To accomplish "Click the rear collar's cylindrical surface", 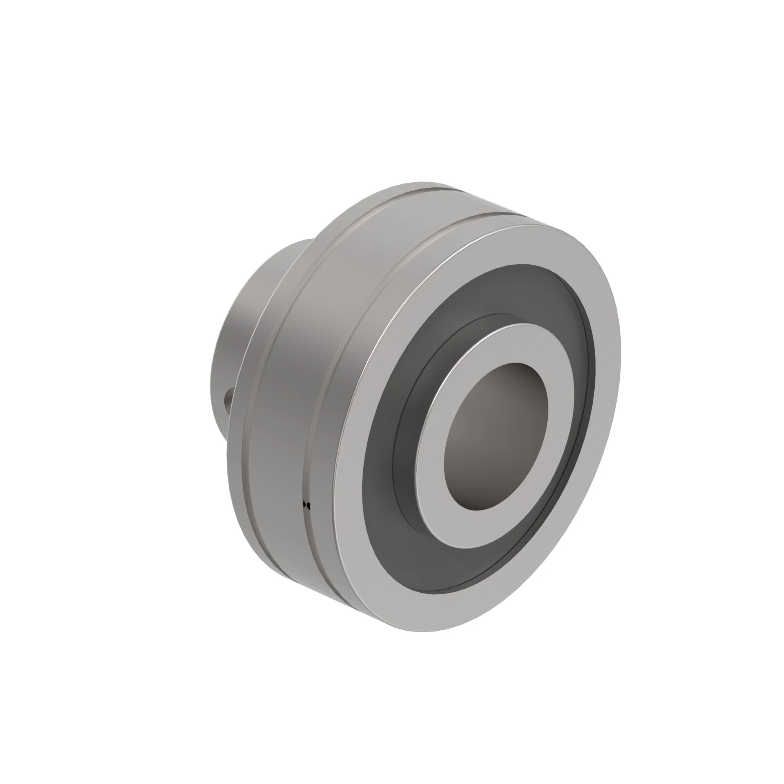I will [x=243, y=316].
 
